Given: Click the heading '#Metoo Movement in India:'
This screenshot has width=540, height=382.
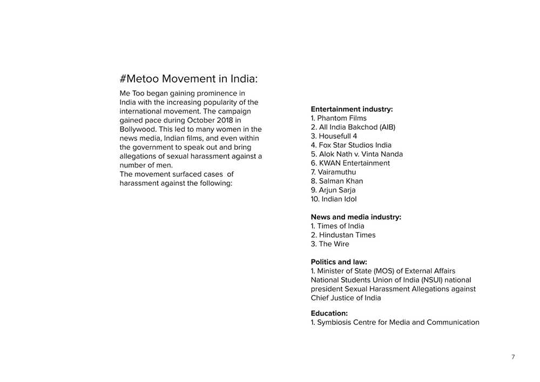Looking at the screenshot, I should pyautogui.click(x=188, y=79).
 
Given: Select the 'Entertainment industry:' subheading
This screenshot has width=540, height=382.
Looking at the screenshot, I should pyautogui.click(x=352, y=109).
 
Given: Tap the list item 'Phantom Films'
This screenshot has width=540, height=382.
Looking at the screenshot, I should pyautogui.click(x=342, y=118).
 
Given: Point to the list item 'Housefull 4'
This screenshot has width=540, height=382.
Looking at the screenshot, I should pyautogui.click(x=337, y=136).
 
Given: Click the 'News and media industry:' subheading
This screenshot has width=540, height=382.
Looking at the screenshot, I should pyautogui.click(x=356, y=217).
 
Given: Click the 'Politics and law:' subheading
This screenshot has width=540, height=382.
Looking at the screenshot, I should pyautogui.click(x=339, y=262).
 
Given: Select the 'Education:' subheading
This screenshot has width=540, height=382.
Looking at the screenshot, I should pyautogui.click(x=329, y=313).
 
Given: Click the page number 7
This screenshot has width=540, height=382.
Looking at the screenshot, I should pyautogui.click(x=513, y=357).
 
